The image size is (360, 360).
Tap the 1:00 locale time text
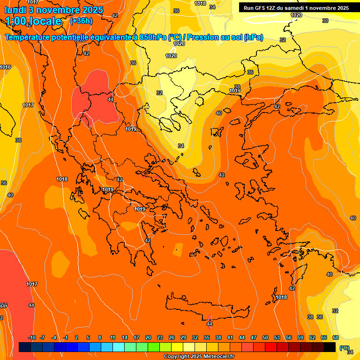coord(33,21)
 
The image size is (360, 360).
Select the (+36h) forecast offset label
coord(81,21)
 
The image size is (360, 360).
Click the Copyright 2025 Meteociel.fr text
coord(199,357)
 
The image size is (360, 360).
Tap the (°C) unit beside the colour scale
coord(345,348)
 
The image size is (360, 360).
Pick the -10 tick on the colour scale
coord(32,338)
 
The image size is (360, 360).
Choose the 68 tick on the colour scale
coord(336,338)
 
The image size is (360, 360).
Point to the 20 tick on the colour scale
coord(148,338)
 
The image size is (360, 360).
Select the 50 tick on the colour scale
coord(265,338)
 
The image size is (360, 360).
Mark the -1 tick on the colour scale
coord(66,338)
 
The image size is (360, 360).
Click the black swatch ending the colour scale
coord(330,347)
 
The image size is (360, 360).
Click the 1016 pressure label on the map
coord(6,67)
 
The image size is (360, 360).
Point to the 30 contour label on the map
coord(325,21)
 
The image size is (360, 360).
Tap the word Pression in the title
coord(215,37)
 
